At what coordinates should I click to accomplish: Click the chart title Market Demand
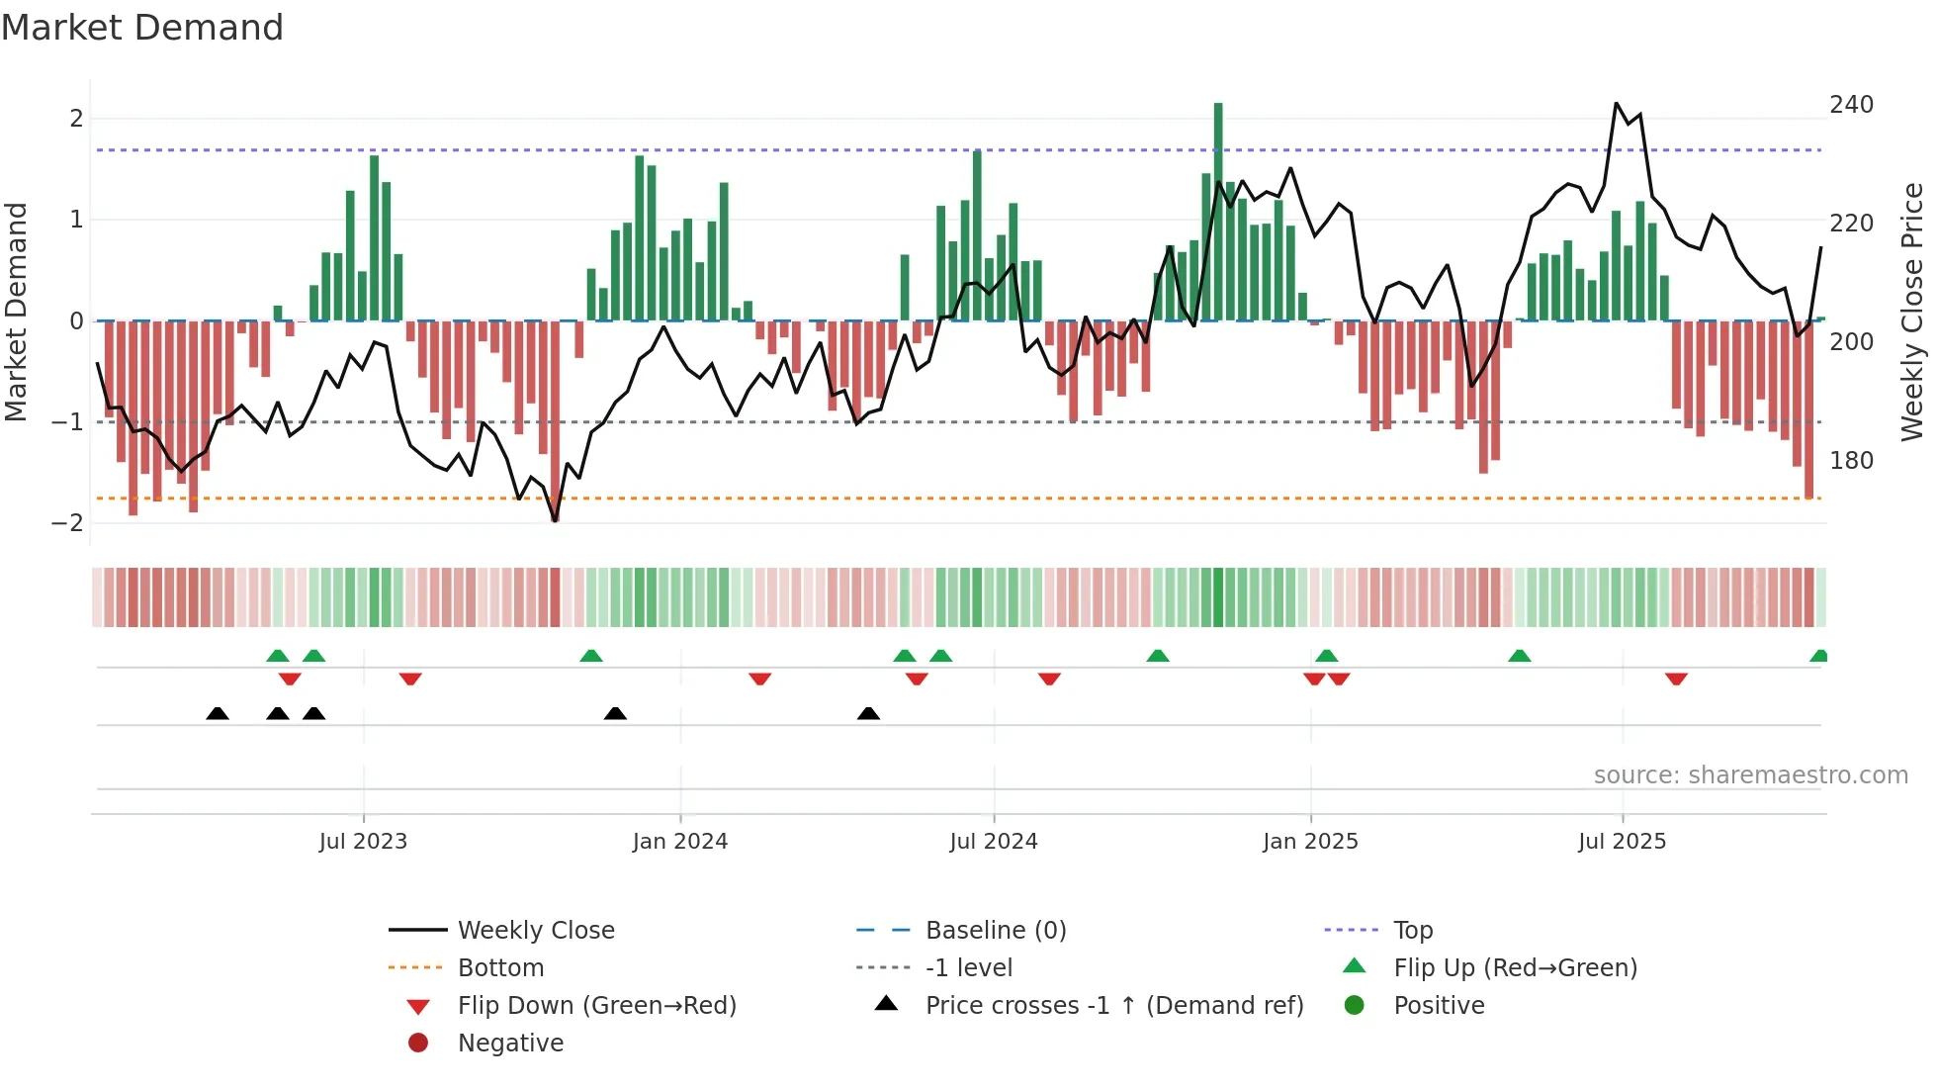tap(142, 27)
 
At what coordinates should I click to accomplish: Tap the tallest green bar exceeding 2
tap(1218, 198)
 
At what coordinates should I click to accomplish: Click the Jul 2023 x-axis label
tap(363, 842)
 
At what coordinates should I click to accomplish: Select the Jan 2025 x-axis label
tap(1310, 842)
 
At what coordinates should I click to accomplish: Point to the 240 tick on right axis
tap(1851, 105)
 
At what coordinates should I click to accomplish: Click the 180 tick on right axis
tap(1851, 461)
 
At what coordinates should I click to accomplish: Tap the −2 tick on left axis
tap(68, 523)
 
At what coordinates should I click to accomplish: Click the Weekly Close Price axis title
tap(1912, 312)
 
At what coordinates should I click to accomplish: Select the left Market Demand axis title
tap(17, 312)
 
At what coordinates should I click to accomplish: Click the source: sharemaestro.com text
tap(1750, 775)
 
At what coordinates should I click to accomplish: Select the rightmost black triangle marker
tap(868, 714)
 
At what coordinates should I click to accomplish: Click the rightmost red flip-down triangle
tap(1676, 680)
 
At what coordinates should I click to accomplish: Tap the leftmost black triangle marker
tap(218, 714)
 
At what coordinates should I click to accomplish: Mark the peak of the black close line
tap(1617, 104)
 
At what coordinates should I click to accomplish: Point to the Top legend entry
tap(1412, 931)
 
